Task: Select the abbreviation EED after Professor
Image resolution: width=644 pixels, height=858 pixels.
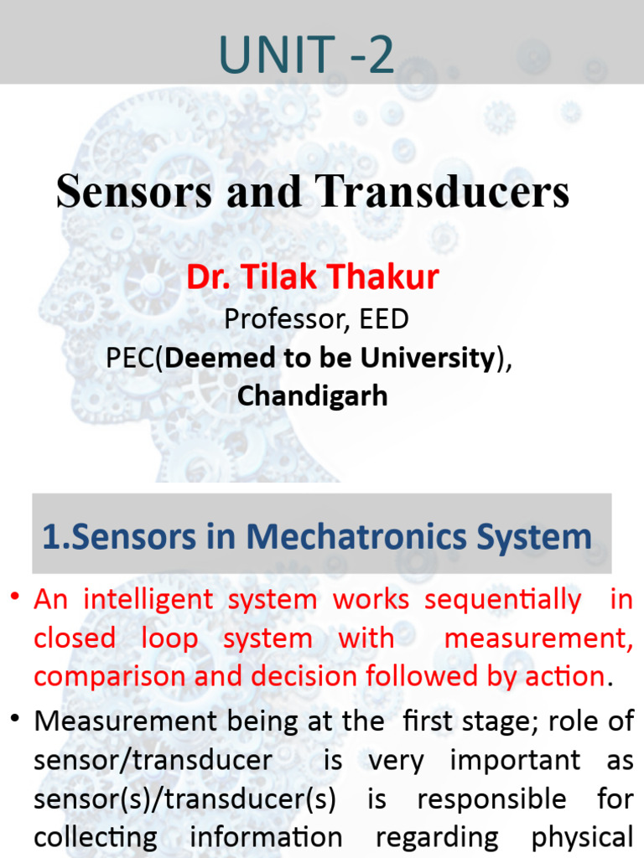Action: tap(380, 318)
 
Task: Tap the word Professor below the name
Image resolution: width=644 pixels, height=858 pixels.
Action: tap(280, 318)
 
